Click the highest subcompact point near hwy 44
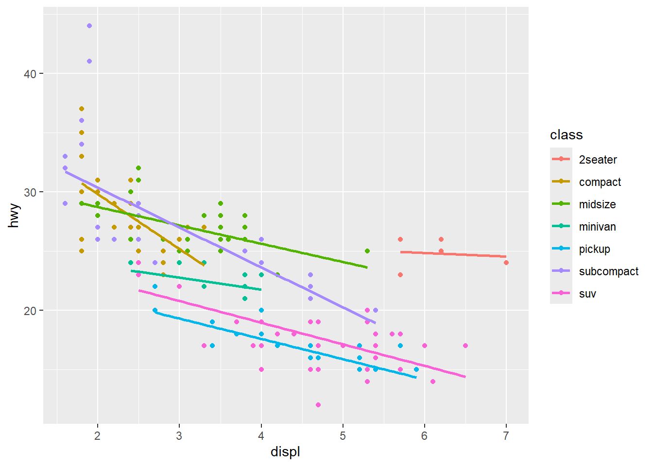(x=89, y=26)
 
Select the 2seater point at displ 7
(x=506, y=263)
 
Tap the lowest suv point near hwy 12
(x=318, y=405)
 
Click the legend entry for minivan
(x=597, y=227)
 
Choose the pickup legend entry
(x=594, y=249)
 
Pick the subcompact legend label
(x=608, y=271)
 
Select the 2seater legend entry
(x=598, y=160)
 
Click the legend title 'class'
(x=566, y=135)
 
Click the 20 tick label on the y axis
(x=30, y=311)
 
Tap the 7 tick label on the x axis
(x=506, y=436)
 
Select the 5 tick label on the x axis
(x=343, y=436)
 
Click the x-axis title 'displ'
(x=285, y=452)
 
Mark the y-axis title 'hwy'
(x=14, y=216)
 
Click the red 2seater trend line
(x=452, y=254)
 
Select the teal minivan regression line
(x=194, y=280)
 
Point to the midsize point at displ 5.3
(x=367, y=251)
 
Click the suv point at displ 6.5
(x=465, y=346)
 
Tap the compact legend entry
(x=600, y=182)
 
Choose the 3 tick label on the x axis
(x=179, y=436)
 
